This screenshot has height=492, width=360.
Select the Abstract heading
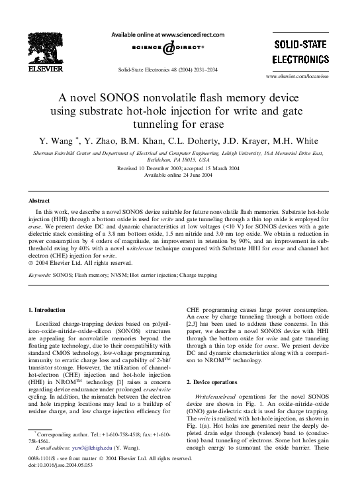(40, 200)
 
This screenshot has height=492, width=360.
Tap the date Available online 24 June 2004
(180, 175)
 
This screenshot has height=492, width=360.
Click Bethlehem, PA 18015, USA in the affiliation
(180, 160)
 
